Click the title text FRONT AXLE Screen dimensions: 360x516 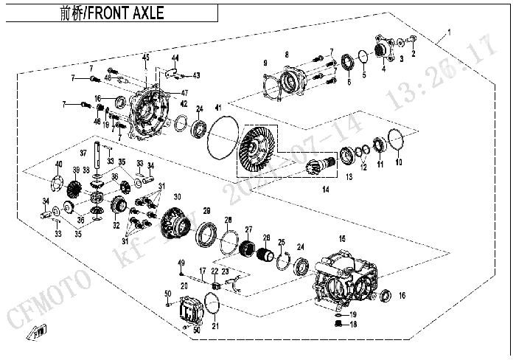tap(127, 13)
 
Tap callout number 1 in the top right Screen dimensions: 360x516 tap(447, 34)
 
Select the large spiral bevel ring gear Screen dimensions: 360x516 tap(259, 147)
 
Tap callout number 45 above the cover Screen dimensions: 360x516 tap(146, 58)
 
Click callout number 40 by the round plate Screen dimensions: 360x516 tap(58, 164)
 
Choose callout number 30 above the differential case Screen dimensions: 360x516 tap(177, 197)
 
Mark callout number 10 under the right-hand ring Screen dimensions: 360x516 tap(399, 162)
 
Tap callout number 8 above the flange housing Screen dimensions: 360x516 tap(287, 54)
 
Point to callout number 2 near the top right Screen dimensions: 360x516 tap(414, 53)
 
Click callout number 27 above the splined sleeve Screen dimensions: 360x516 tap(248, 229)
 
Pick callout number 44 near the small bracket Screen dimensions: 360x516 tap(175, 58)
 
